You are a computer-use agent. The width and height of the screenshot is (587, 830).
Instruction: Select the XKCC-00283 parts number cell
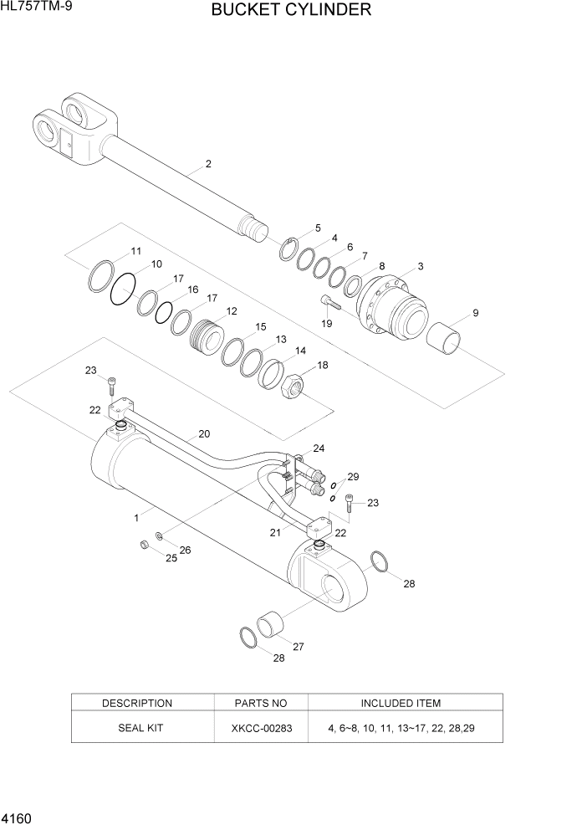point(262,728)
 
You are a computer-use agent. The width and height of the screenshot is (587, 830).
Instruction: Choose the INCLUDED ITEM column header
point(401,703)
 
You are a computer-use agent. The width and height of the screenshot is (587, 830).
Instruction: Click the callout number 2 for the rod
point(208,164)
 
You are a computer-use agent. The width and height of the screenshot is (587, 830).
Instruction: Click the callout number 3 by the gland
point(421,267)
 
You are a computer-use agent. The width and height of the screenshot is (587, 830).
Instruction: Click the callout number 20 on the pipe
point(204,434)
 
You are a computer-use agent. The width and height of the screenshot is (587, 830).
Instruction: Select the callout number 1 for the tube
point(135,518)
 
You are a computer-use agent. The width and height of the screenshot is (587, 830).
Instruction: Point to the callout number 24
point(319,448)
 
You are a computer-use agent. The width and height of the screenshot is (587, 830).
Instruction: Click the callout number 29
point(353,477)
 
